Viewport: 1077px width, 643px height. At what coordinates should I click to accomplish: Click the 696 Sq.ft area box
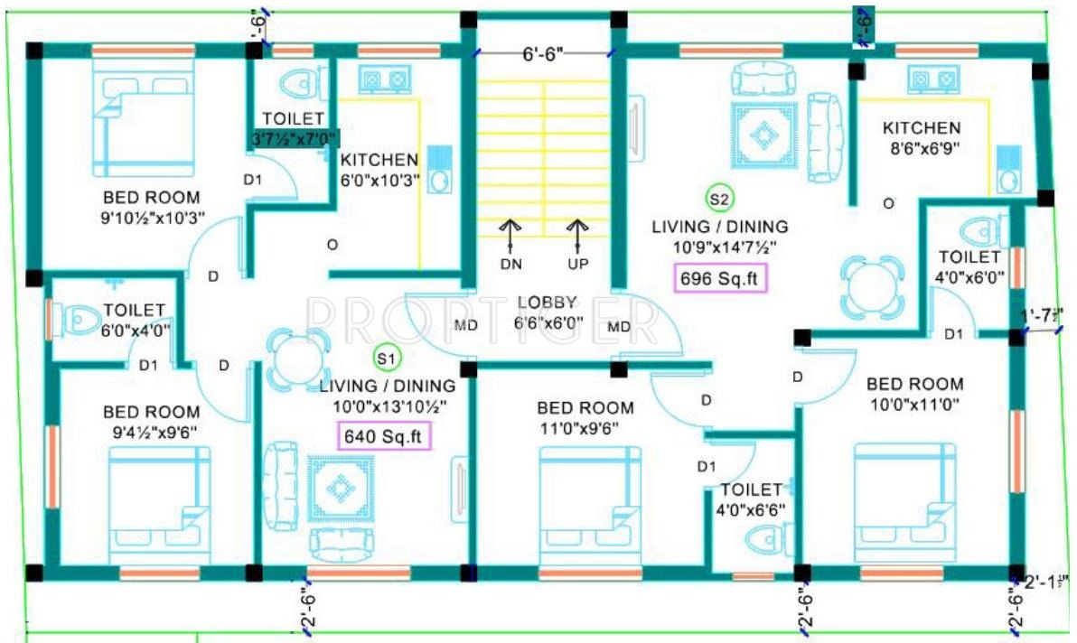point(720,278)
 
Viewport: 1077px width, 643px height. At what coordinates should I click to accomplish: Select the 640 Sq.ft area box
point(383,436)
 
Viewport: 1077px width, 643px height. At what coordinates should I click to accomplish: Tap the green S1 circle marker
point(386,359)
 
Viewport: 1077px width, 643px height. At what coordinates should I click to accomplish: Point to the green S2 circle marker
point(719,198)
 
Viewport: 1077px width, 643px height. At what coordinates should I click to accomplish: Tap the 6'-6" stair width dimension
point(543,54)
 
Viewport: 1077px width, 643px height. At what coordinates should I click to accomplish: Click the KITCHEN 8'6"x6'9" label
point(922,137)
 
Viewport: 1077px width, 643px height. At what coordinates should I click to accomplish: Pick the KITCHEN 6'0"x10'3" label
point(379,169)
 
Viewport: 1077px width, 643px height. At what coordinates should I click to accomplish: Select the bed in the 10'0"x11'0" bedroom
point(904,496)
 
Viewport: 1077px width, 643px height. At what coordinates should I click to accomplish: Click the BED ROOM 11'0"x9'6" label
point(585,416)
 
